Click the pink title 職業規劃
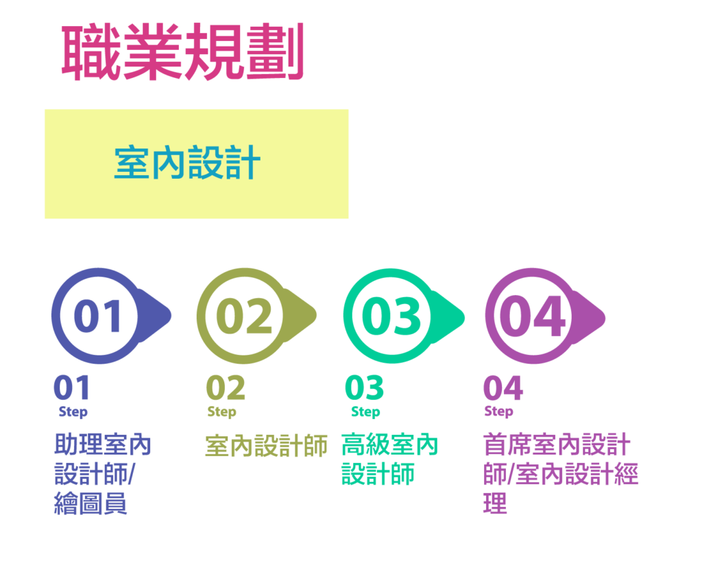(x=182, y=51)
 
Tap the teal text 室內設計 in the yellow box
(x=187, y=162)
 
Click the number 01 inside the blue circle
(x=97, y=316)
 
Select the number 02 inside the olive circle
(x=244, y=316)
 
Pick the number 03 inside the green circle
(x=391, y=316)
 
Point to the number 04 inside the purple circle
(x=533, y=316)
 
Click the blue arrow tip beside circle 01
(x=171, y=316)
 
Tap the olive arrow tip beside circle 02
(x=316, y=316)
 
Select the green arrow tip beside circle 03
(x=463, y=318)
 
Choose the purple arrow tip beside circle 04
(x=605, y=318)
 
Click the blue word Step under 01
(x=73, y=412)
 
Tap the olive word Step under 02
(x=221, y=412)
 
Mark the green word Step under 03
(x=365, y=412)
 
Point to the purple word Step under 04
(x=499, y=412)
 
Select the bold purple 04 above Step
(x=503, y=388)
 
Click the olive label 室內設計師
(x=266, y=445)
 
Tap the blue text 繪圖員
(x=90, y=503)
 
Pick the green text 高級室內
(x=389, y=445)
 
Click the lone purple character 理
(x=495, y=503)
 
